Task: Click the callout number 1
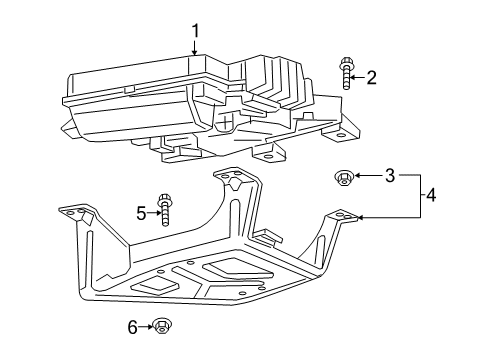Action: (x=195, y=31)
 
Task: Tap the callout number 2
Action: (x=371, y=77)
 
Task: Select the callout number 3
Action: (x=390, y=175)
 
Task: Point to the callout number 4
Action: (x=431, y=195)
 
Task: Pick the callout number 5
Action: (x=141, y=213)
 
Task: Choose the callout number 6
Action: (x=133, y=327)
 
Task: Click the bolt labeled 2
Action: (x=346, y=73)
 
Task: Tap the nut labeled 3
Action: (x=344, y=177)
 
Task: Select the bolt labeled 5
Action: (x=164, y=209)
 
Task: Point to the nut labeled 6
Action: (x=162, y=325)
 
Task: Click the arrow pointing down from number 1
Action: (x=195, y=47)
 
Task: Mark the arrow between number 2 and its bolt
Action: (x=358, y=78)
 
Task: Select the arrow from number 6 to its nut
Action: (x=146, y=327)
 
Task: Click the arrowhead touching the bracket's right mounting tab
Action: (x=360, y=218)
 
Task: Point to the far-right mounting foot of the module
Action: (x=341, y=134)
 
